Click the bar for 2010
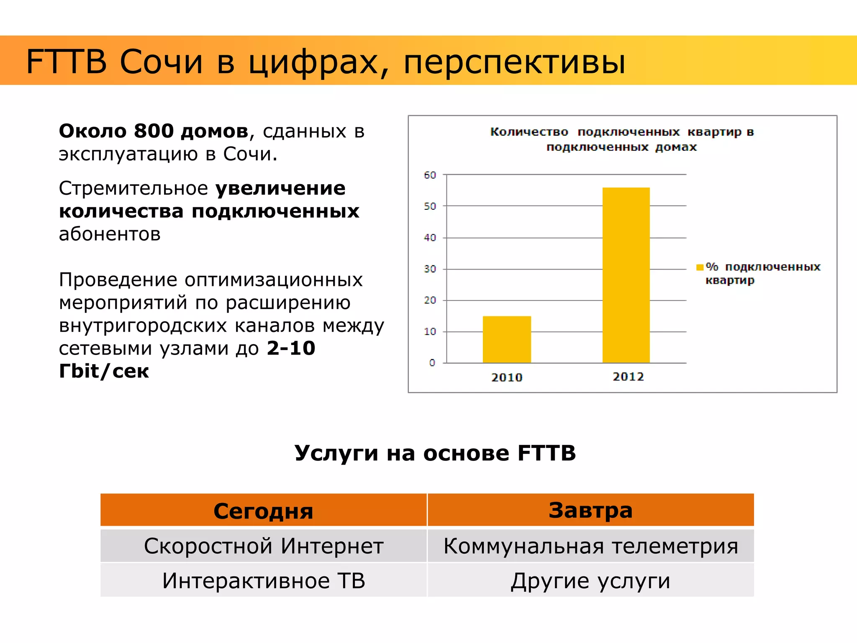(x=507, y=340)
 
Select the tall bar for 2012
(x=626, y=275)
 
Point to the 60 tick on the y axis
(x=430, y=175)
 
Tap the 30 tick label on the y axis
(x=430, y=269)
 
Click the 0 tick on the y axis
(x=432, y=363)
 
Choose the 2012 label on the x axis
(x=628, y=377)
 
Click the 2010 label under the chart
(x=507, y=377)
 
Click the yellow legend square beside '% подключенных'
(x=700, y=267)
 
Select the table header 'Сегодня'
(x=263, y=511)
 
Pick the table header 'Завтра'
(x=590, y=510)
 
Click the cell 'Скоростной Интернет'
(x=264, y=546)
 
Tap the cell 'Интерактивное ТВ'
(x=264, y=581)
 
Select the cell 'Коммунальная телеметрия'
(x=590, y=546)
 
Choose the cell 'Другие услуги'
(x=590, y=581)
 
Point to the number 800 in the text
(x=154, y=131)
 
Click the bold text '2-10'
(x=291, y=348)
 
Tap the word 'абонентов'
(x=110, y=234)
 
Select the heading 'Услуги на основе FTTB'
(x=435, y=453)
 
